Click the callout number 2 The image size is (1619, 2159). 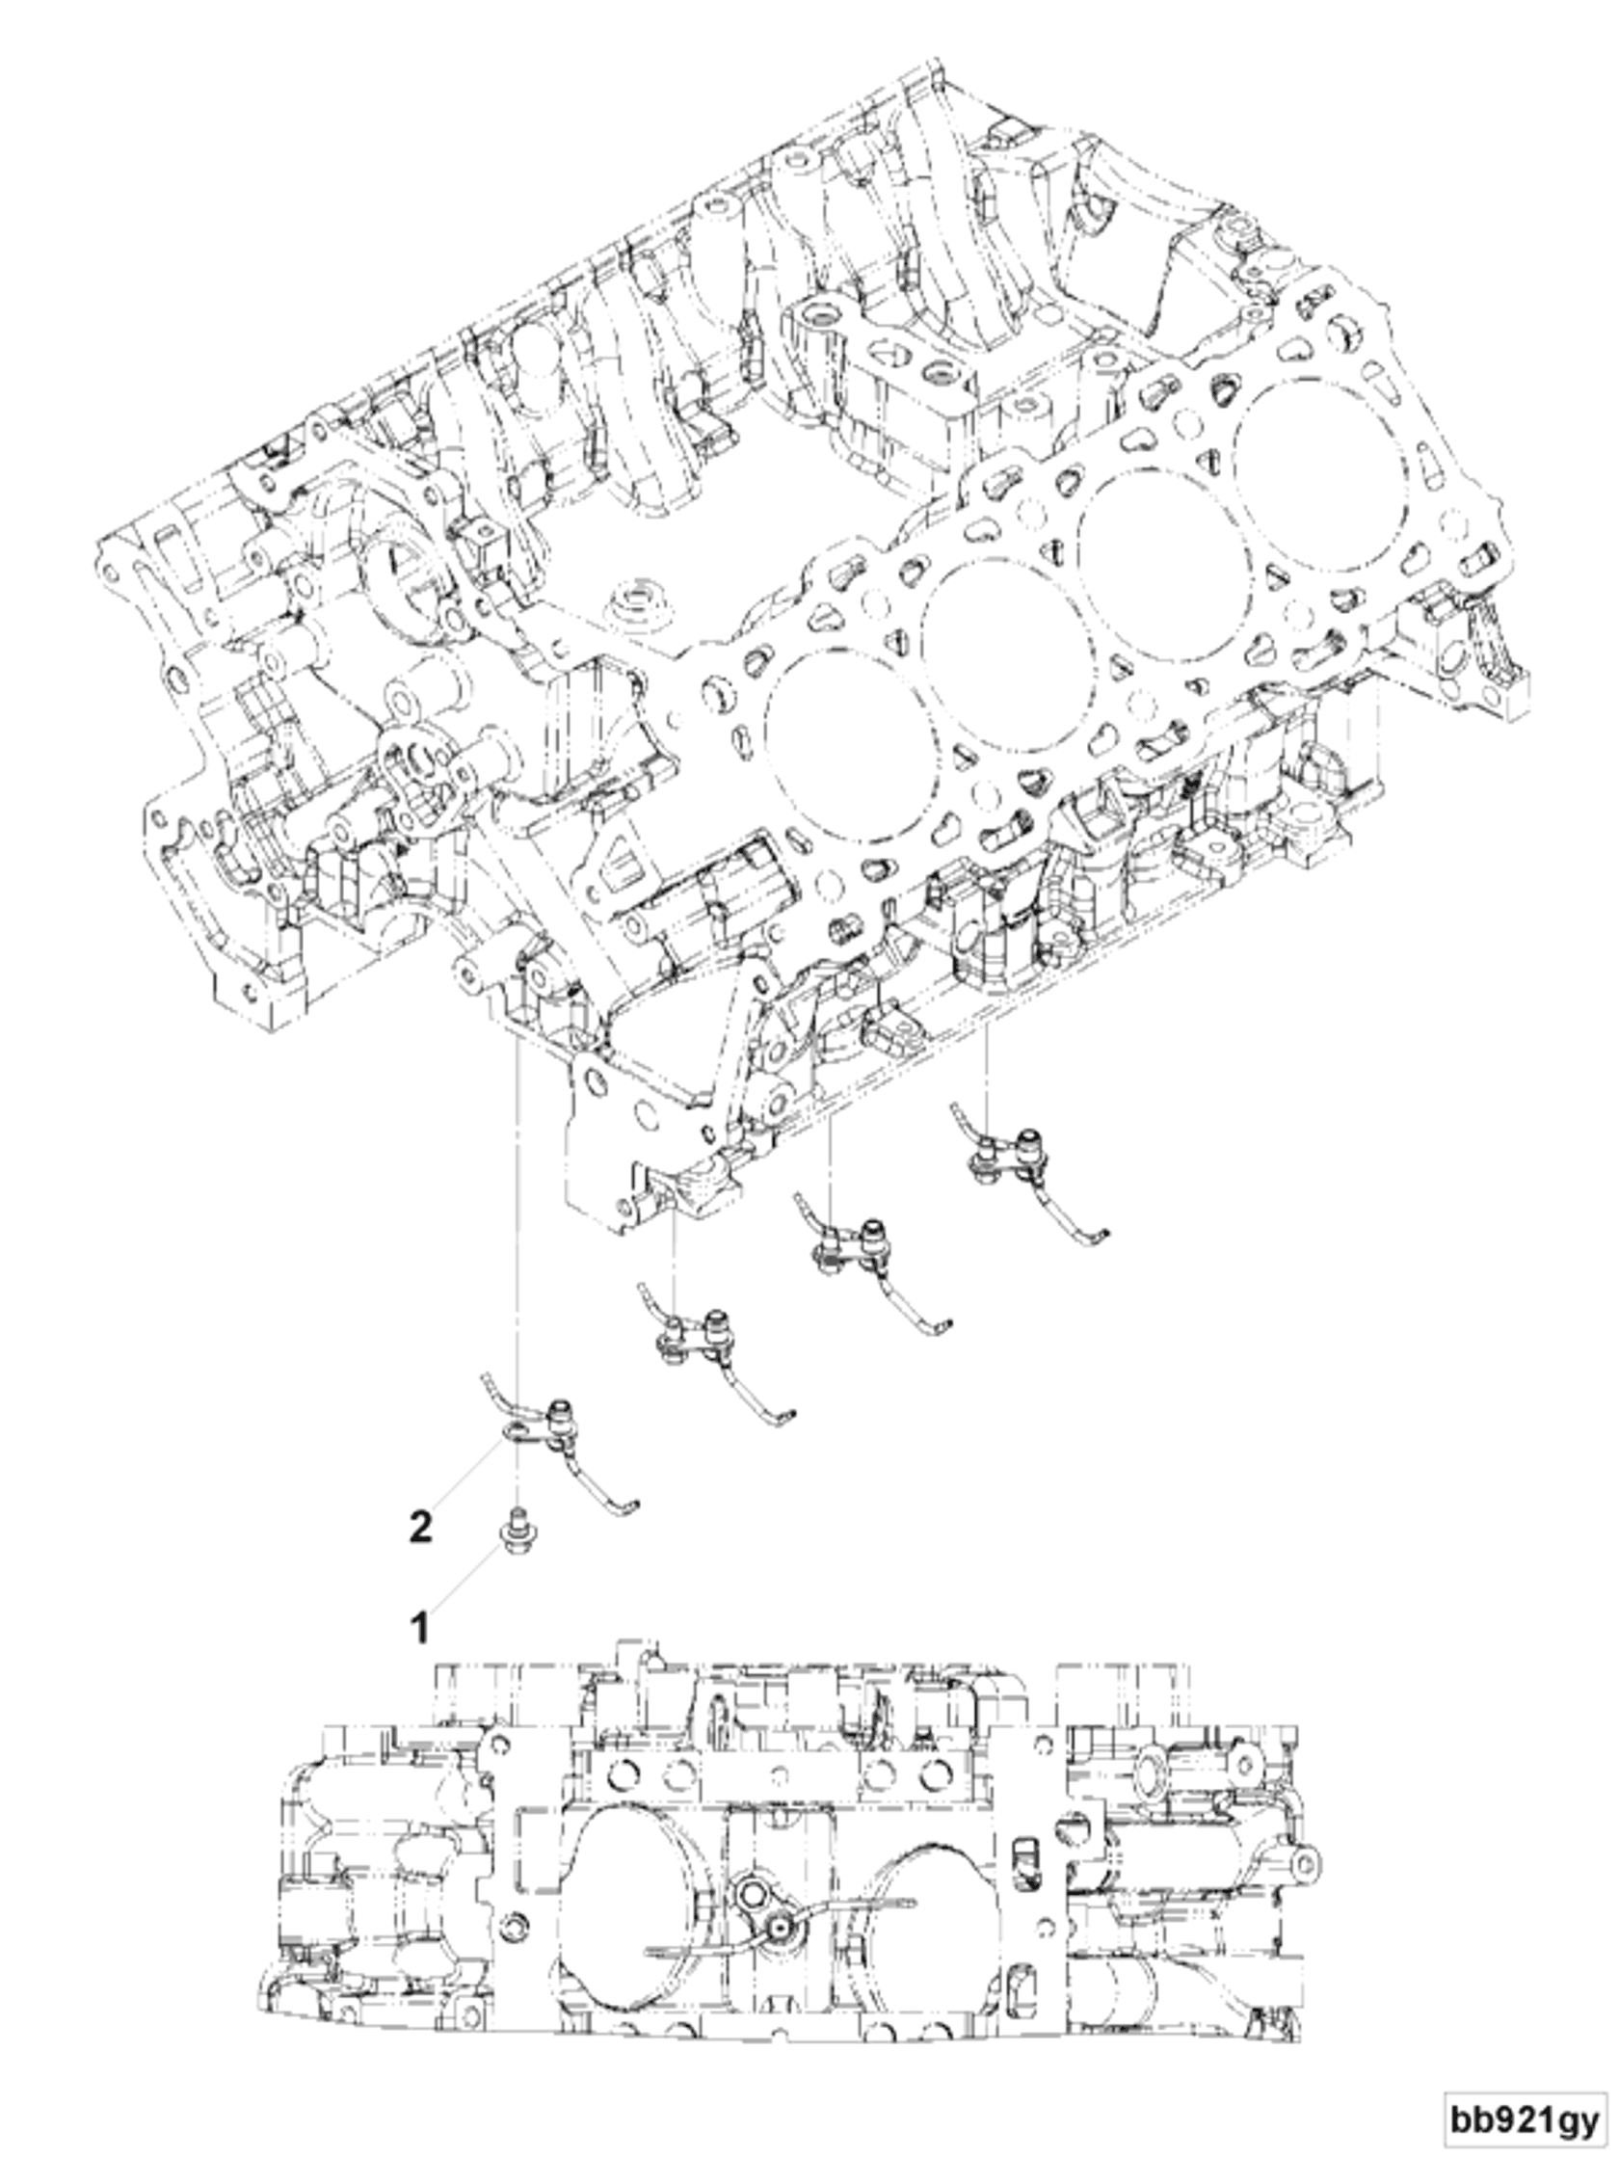coord(419,1527)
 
